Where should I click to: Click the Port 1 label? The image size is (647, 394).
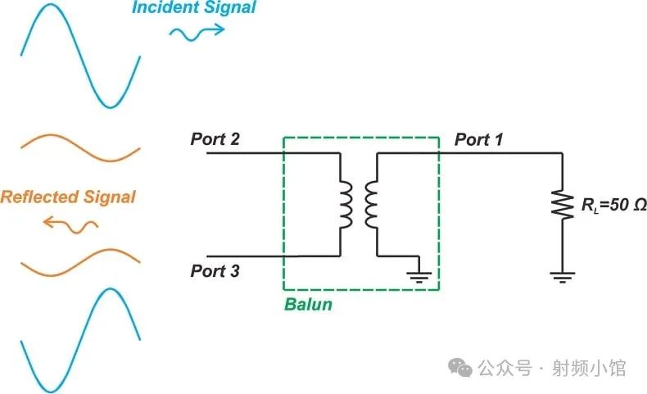coord(478,139)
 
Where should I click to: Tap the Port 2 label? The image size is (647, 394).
coord(215,138)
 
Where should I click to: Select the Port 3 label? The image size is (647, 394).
coord(215,270)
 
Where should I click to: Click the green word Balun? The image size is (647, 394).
coord(308,305)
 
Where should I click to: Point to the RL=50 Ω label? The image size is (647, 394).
coord(613,205)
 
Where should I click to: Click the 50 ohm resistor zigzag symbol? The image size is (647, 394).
coord(563,204)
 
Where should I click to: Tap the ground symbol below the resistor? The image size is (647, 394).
coord(563,277)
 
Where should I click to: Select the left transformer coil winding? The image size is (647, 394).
coord(346,205)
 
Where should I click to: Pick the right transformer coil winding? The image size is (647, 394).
coord(371,205)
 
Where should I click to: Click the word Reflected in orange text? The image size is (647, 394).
coord(41,197)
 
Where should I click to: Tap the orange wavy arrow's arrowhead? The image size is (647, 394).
coord(48,222)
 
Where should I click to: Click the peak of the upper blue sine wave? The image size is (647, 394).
coord(49,5)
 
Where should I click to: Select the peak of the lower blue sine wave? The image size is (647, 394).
coord(111,289)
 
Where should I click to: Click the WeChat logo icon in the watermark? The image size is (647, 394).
coord(460,367)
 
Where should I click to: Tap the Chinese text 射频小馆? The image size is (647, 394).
coord(589,368)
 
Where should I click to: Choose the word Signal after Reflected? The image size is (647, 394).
coord(110,197)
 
